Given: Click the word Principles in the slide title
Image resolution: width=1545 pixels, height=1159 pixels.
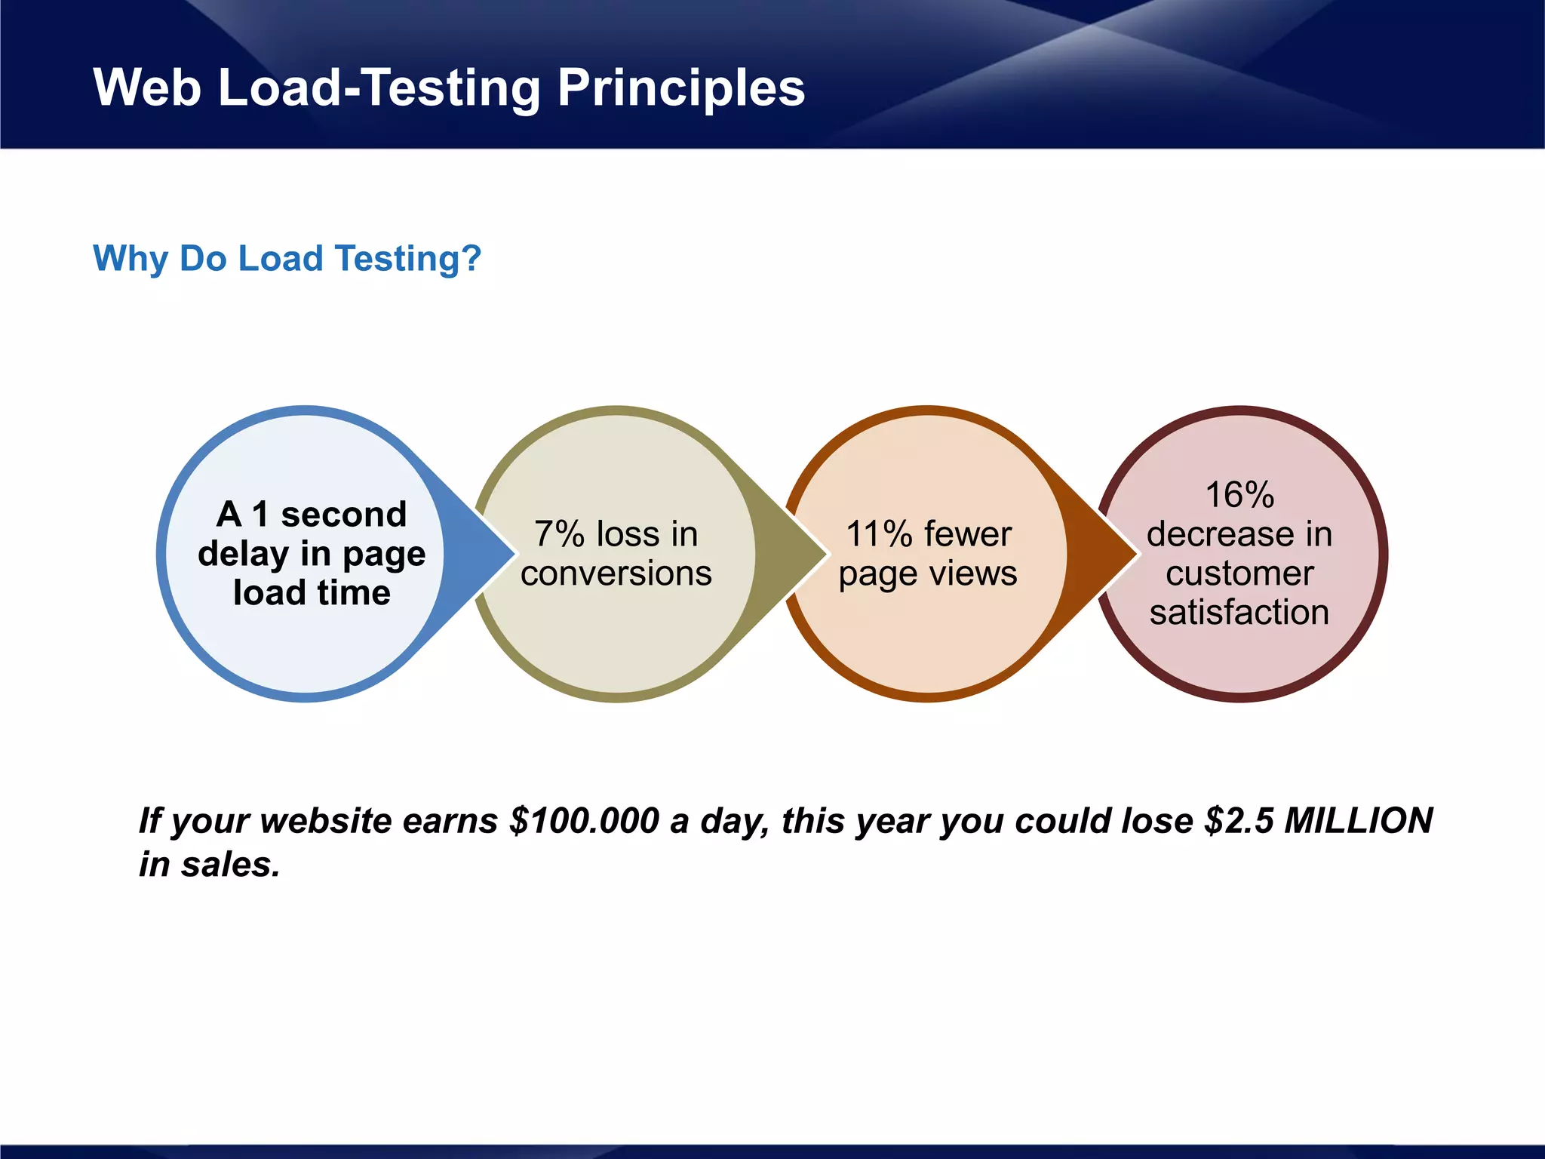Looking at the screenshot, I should pyautogui.click(x=680, y=88).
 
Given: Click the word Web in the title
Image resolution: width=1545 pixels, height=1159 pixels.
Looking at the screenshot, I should pyautogui.click(x=147, y=88).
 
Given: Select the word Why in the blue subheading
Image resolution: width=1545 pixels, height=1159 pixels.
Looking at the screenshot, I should pyautogui.click(x=131, y=258).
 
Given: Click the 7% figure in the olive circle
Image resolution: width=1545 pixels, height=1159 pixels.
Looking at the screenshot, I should pyautogui.click(x=559, y=534).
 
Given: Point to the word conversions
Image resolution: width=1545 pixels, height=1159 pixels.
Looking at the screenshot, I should pyautogui.click(x=616, y=573).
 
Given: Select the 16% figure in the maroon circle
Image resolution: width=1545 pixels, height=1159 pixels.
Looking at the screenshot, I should pyautogui.click(x=1239, y=495).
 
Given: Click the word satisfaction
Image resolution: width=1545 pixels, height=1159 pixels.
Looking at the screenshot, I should pyautogui.click(x=1239, y=612).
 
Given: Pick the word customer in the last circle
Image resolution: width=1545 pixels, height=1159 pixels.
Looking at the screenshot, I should pyautogui.click(x=1239, y=573).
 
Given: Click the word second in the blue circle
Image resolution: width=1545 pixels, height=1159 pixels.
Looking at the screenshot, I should pyautogui.click(x=343, y=515).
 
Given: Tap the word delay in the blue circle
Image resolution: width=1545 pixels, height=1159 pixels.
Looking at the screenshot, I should pyautogui.click(x=243, y=554).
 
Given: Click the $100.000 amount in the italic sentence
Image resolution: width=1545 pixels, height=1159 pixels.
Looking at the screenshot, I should pyautogui.click(x=584, y=821).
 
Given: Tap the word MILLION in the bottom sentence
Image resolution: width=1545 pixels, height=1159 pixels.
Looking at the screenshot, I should pyautogui.click(x=1358, y=821).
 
